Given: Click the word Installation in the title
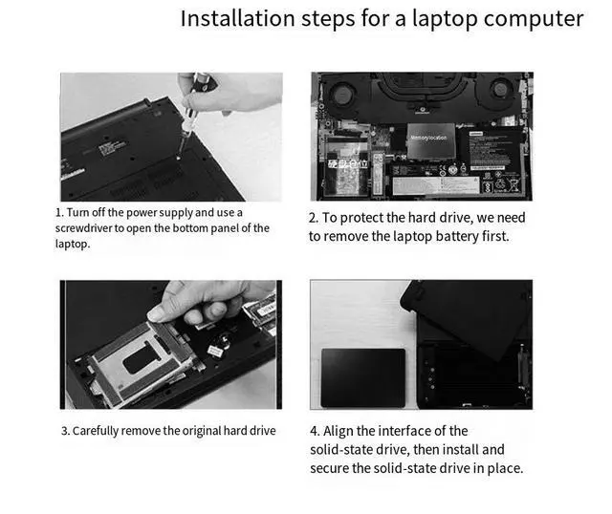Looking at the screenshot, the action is coord(237,18).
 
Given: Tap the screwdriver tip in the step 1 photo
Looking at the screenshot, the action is coord(179,158).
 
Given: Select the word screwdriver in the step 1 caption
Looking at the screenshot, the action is coord(83,228).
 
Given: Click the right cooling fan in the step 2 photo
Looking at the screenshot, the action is coord(501,90).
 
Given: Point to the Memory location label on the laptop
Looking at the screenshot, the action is coord(428,138).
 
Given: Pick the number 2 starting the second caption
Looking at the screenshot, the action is coord(313,218).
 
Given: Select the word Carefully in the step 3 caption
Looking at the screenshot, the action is coord(96,431).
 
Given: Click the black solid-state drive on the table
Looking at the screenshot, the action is coord(363,378).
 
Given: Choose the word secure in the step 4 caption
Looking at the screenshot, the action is coord(329,468).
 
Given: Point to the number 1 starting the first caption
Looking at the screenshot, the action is coord(58,213).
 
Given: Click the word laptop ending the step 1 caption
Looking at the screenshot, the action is coord(72,245).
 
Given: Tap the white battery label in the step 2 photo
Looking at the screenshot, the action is coord(435,185).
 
